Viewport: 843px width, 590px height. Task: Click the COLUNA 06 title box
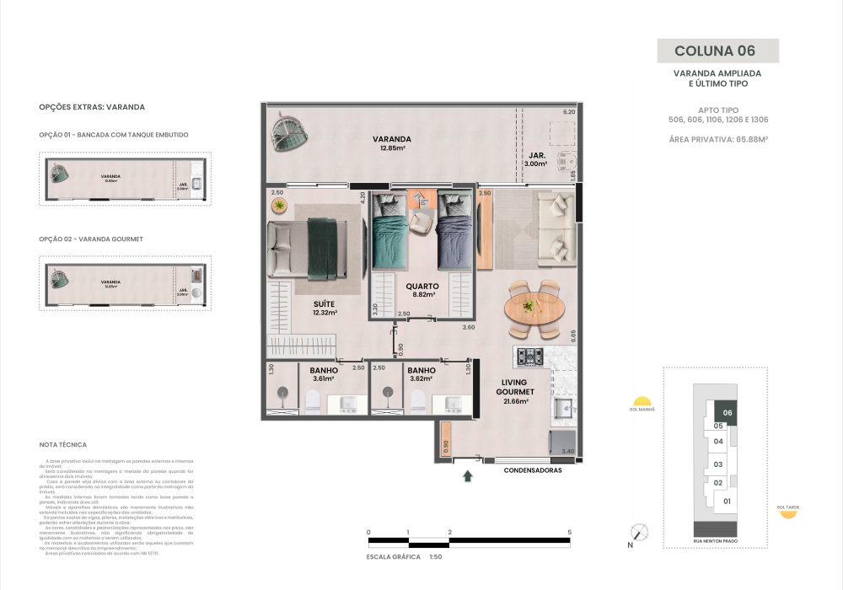point(717,51)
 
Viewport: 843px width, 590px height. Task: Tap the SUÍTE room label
point(325,308)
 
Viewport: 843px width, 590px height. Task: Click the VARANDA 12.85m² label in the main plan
point(395,143)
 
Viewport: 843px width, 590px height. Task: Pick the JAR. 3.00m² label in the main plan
point(537,160)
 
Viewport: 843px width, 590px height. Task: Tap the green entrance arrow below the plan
point(468,477)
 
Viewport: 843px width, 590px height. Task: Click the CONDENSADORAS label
point(533,470)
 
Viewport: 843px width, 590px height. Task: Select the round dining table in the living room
point(532,308)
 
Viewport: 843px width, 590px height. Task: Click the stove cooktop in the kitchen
point(529,357)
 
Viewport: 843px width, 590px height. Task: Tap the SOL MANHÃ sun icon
point(642,402)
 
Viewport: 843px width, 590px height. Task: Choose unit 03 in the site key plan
point(718,464)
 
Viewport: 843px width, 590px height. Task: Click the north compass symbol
point(640,532)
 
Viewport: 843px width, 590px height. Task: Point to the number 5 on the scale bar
point(570,532)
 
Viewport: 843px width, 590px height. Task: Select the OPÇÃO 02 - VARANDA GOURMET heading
point(91,239)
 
